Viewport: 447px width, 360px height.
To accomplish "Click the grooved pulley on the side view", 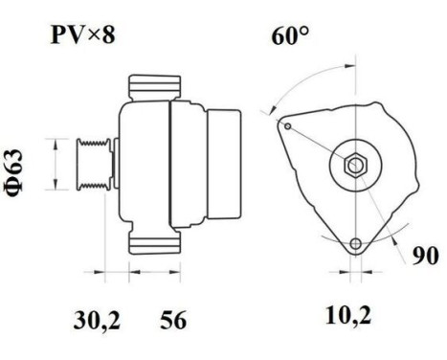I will tap(93, 169).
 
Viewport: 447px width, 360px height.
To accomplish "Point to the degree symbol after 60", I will tap(304, 34).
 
